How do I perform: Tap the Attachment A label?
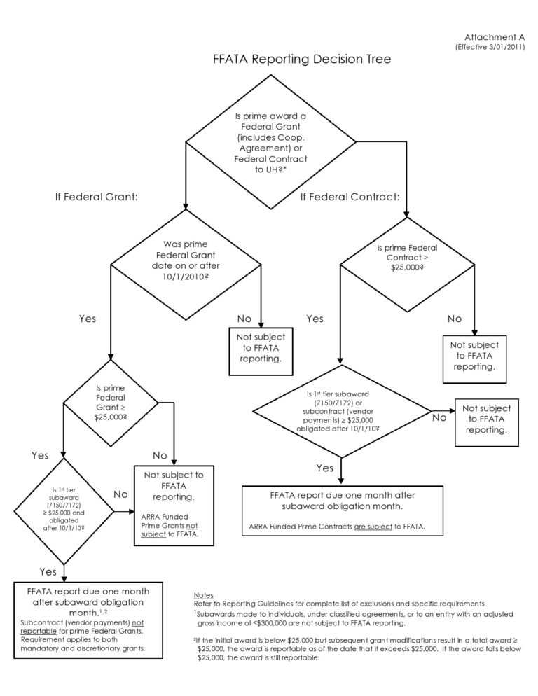tap(494, 36)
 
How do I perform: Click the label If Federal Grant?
tap(97, 197)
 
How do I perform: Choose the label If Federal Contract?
tap(350, 197)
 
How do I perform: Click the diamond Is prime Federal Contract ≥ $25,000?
tap(407, 258)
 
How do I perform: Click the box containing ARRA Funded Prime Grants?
tap(174, 503)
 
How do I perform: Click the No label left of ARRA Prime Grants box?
tap(121, 494)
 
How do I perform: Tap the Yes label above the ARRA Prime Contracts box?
tap(324, 468)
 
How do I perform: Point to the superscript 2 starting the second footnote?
tap(195, 639)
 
